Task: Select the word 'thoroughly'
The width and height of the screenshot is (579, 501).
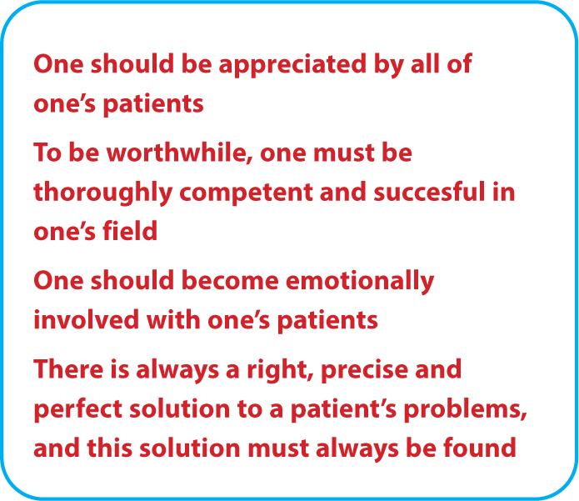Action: click(x=103, y=193)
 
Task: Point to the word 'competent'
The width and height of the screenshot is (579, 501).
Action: click(x=247, y=193)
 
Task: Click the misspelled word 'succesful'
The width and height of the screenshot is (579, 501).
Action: click(x=429, y=192)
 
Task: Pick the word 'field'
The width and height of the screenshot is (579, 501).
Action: click(x=130, y=231)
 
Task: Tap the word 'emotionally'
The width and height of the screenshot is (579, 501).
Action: click(x=360, y=282)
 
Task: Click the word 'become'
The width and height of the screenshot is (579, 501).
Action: click(x=230, y=280)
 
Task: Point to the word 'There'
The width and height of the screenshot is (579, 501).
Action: click(x=68, y=368)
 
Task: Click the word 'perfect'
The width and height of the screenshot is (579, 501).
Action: click(x=78, y=410)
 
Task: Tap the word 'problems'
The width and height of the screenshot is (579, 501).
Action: click(x=465, y=410)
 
